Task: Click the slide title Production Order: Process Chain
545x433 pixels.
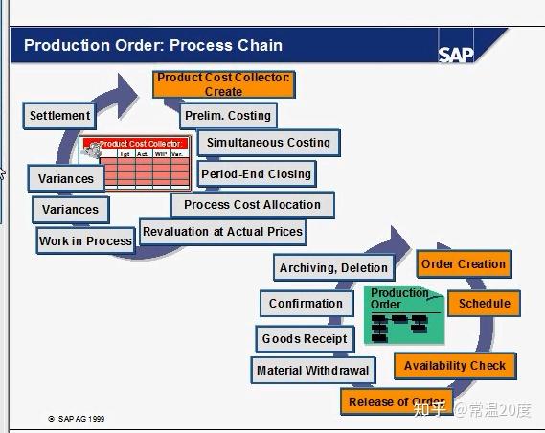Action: tap(153, 46)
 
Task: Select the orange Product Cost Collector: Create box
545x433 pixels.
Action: tap(223, 84)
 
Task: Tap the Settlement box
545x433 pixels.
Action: tap(59, 116)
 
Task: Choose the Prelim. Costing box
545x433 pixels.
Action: tap(228, 116)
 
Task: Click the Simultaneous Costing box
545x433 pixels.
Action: tap(267, 143)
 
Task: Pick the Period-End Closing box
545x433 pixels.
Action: tap(256, 174)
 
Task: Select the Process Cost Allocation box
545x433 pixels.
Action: tap(252, 205)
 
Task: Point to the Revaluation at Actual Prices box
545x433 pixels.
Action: tap(222, 231)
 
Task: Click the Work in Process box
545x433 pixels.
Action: tap(85, 241)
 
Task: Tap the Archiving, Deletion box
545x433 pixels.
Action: tap(333, 268)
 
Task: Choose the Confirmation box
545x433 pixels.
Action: tap(306, 304)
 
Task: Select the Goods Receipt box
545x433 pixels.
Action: tap(305, 339)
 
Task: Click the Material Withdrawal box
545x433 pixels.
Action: tap(312, 371)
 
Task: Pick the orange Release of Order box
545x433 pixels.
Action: tap(395, 401)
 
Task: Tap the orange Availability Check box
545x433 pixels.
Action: tap(455, 366)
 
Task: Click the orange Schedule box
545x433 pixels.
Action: tap(484, 304)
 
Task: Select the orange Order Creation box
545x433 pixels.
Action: tap(463, 264)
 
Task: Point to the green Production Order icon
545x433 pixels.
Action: tap(403, 315)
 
